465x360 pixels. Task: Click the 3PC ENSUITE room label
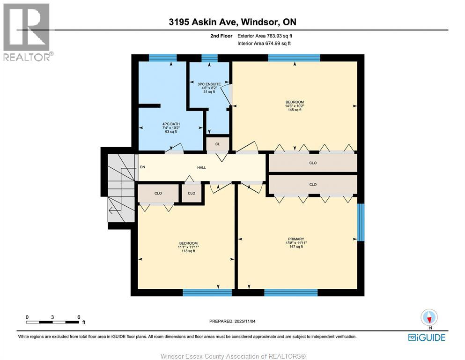[208, 84]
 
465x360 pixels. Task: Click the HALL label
[201, 167]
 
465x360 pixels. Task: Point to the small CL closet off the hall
[217, 144]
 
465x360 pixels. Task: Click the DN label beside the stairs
[142, 167]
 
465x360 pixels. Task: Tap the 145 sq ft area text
[295, 110]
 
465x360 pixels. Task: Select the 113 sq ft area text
[188, 251]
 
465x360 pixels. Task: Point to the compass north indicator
[429, 317]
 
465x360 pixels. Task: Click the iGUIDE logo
[427, 337]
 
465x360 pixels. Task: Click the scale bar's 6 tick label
[78, 317]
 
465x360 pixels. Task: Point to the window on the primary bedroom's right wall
[361, 222]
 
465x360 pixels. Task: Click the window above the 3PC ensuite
[209, 58]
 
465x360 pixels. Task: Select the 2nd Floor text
[222, 36]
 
